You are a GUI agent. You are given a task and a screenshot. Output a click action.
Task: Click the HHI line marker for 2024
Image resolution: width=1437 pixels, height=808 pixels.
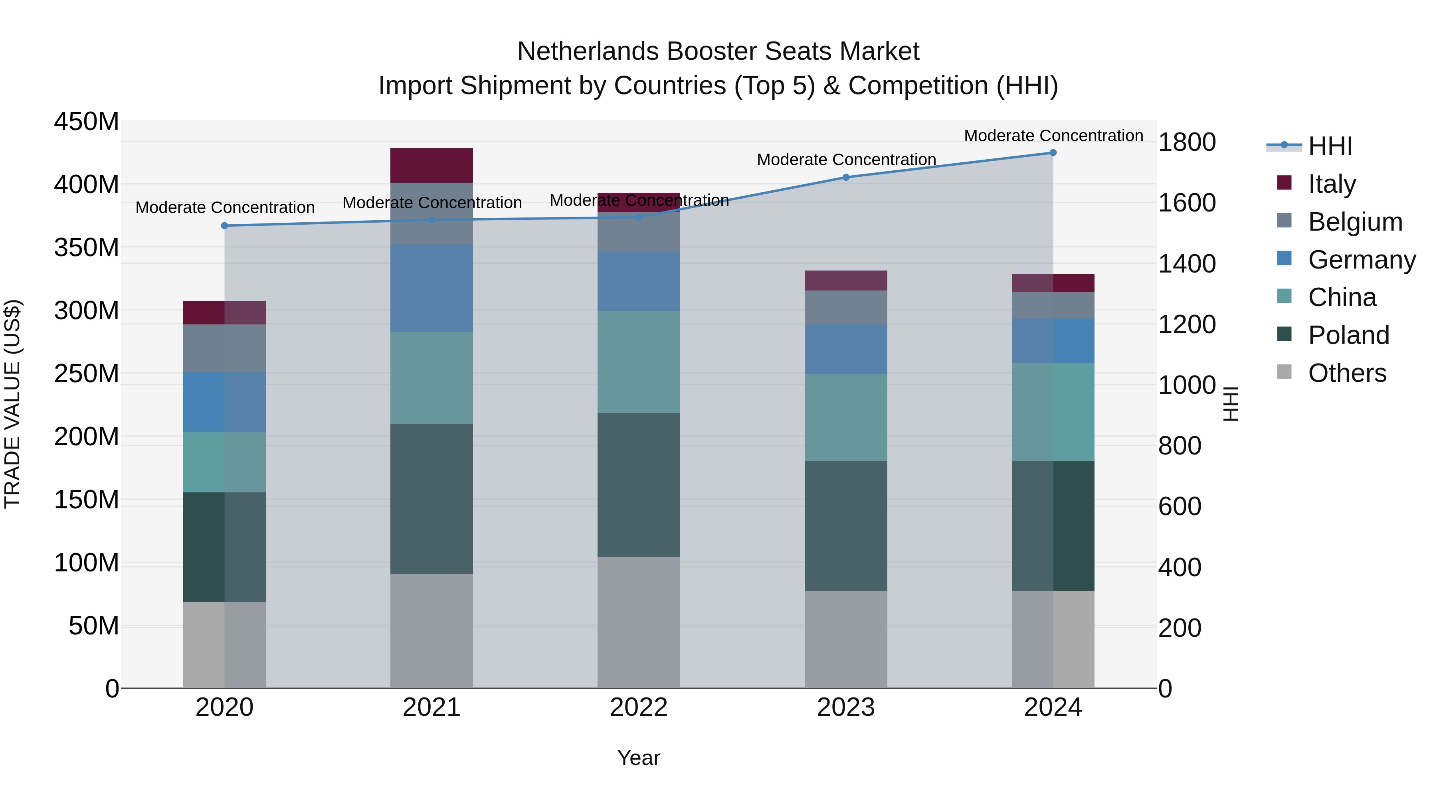pos(1053,153)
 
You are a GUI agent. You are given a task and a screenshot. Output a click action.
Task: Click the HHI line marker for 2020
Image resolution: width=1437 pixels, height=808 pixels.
pos(224,226)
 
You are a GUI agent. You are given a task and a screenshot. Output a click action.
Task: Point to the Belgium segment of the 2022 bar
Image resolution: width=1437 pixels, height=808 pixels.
pos(638,232)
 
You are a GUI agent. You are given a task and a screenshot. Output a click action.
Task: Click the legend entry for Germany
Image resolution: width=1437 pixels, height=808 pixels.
pos(1361,260)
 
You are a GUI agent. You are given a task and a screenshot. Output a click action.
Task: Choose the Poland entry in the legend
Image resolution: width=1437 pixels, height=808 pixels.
pos(1348,335)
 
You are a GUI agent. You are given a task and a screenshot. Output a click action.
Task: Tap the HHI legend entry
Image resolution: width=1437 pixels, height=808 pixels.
pos(1330,146)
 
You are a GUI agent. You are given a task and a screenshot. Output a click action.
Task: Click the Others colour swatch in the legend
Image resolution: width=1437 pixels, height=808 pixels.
pos(1284,372)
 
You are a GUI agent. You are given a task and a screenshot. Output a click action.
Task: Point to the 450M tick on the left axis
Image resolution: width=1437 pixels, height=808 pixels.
pos(87,122)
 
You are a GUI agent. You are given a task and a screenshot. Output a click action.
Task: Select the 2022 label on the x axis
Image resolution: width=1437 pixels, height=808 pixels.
pos(638,707)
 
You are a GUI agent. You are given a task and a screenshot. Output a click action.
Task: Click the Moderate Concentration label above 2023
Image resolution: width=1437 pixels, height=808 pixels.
pos(846,160)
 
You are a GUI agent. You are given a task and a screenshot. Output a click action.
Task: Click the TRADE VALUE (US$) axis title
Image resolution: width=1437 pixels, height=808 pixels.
pos(13,404)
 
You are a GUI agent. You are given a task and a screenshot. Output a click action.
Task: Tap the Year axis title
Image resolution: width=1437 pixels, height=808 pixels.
pos(638,758)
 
